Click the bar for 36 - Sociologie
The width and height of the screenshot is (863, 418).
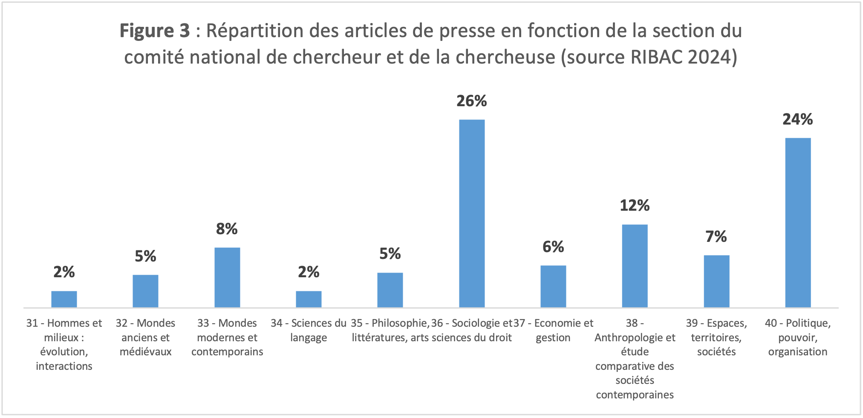pos(472,213)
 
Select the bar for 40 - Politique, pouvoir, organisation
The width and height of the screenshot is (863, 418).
pos(798,222)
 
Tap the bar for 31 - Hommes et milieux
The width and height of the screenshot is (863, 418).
pos(64,299)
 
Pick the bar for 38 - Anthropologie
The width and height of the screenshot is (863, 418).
pos(635,266)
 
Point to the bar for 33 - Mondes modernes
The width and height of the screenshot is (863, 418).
pos(227,277)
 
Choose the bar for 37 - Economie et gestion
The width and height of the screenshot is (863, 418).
pos(553,286)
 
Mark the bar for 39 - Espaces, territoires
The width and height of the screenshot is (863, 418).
pos(716,281)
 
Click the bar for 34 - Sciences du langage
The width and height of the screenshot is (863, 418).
pos(309,299)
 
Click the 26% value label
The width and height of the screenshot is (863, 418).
pos(471,101)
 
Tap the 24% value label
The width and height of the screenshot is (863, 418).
pos(797,119)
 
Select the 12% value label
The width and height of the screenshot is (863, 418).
pos(635,206)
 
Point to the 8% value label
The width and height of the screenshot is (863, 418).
pos(227,229)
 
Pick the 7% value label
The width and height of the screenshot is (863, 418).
pos(716,237)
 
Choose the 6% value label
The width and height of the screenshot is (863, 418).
pos(553,247)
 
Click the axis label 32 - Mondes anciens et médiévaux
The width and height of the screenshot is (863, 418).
pos(146,337)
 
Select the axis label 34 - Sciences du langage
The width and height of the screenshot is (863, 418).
pos(309,330)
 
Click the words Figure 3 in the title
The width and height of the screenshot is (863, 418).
pos(154,31)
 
